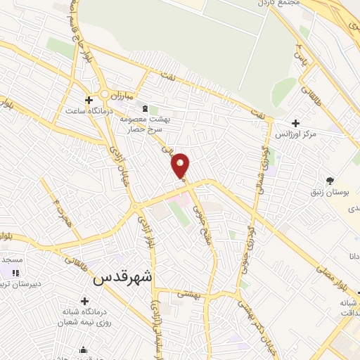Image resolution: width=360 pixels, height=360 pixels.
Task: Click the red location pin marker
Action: click(x=180, y=165)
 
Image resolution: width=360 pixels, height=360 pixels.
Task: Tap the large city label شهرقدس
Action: click(x=122, y=277)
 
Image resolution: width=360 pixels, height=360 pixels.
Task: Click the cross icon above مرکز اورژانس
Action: click(x=296, y=122)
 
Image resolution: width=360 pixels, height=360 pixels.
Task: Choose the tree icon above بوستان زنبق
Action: click(x=330, y=180)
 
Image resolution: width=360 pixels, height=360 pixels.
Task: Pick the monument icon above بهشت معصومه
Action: click(x=146, y=109)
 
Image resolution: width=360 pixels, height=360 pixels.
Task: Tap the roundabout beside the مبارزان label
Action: click(x=105, y=94)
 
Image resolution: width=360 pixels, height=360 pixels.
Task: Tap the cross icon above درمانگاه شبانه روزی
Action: click(x=84, y=301)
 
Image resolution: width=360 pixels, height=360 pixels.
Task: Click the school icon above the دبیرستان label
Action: click(x=15, y=273)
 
